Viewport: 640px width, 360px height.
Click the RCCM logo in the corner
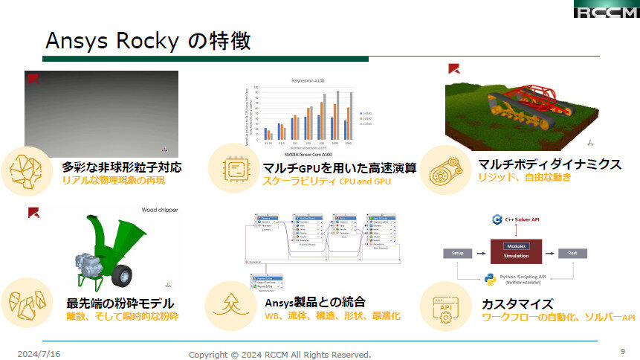tap(606, 10)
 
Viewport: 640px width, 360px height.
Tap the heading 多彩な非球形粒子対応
tap(122, 167)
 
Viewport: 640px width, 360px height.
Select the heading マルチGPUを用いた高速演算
tap(340, 168)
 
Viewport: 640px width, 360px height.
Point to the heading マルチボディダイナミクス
tap(549, 165)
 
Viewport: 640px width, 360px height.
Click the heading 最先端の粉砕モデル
tap(120, 303)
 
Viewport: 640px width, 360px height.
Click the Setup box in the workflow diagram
tap(459, 254)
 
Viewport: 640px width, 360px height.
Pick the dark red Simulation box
tap(516, 251)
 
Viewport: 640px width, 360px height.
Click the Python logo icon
tap(490, 280)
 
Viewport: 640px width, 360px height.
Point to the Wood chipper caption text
tap(160, 210)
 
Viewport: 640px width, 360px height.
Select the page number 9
tap(622, 351)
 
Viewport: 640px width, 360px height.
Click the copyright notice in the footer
tap(279, 354)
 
